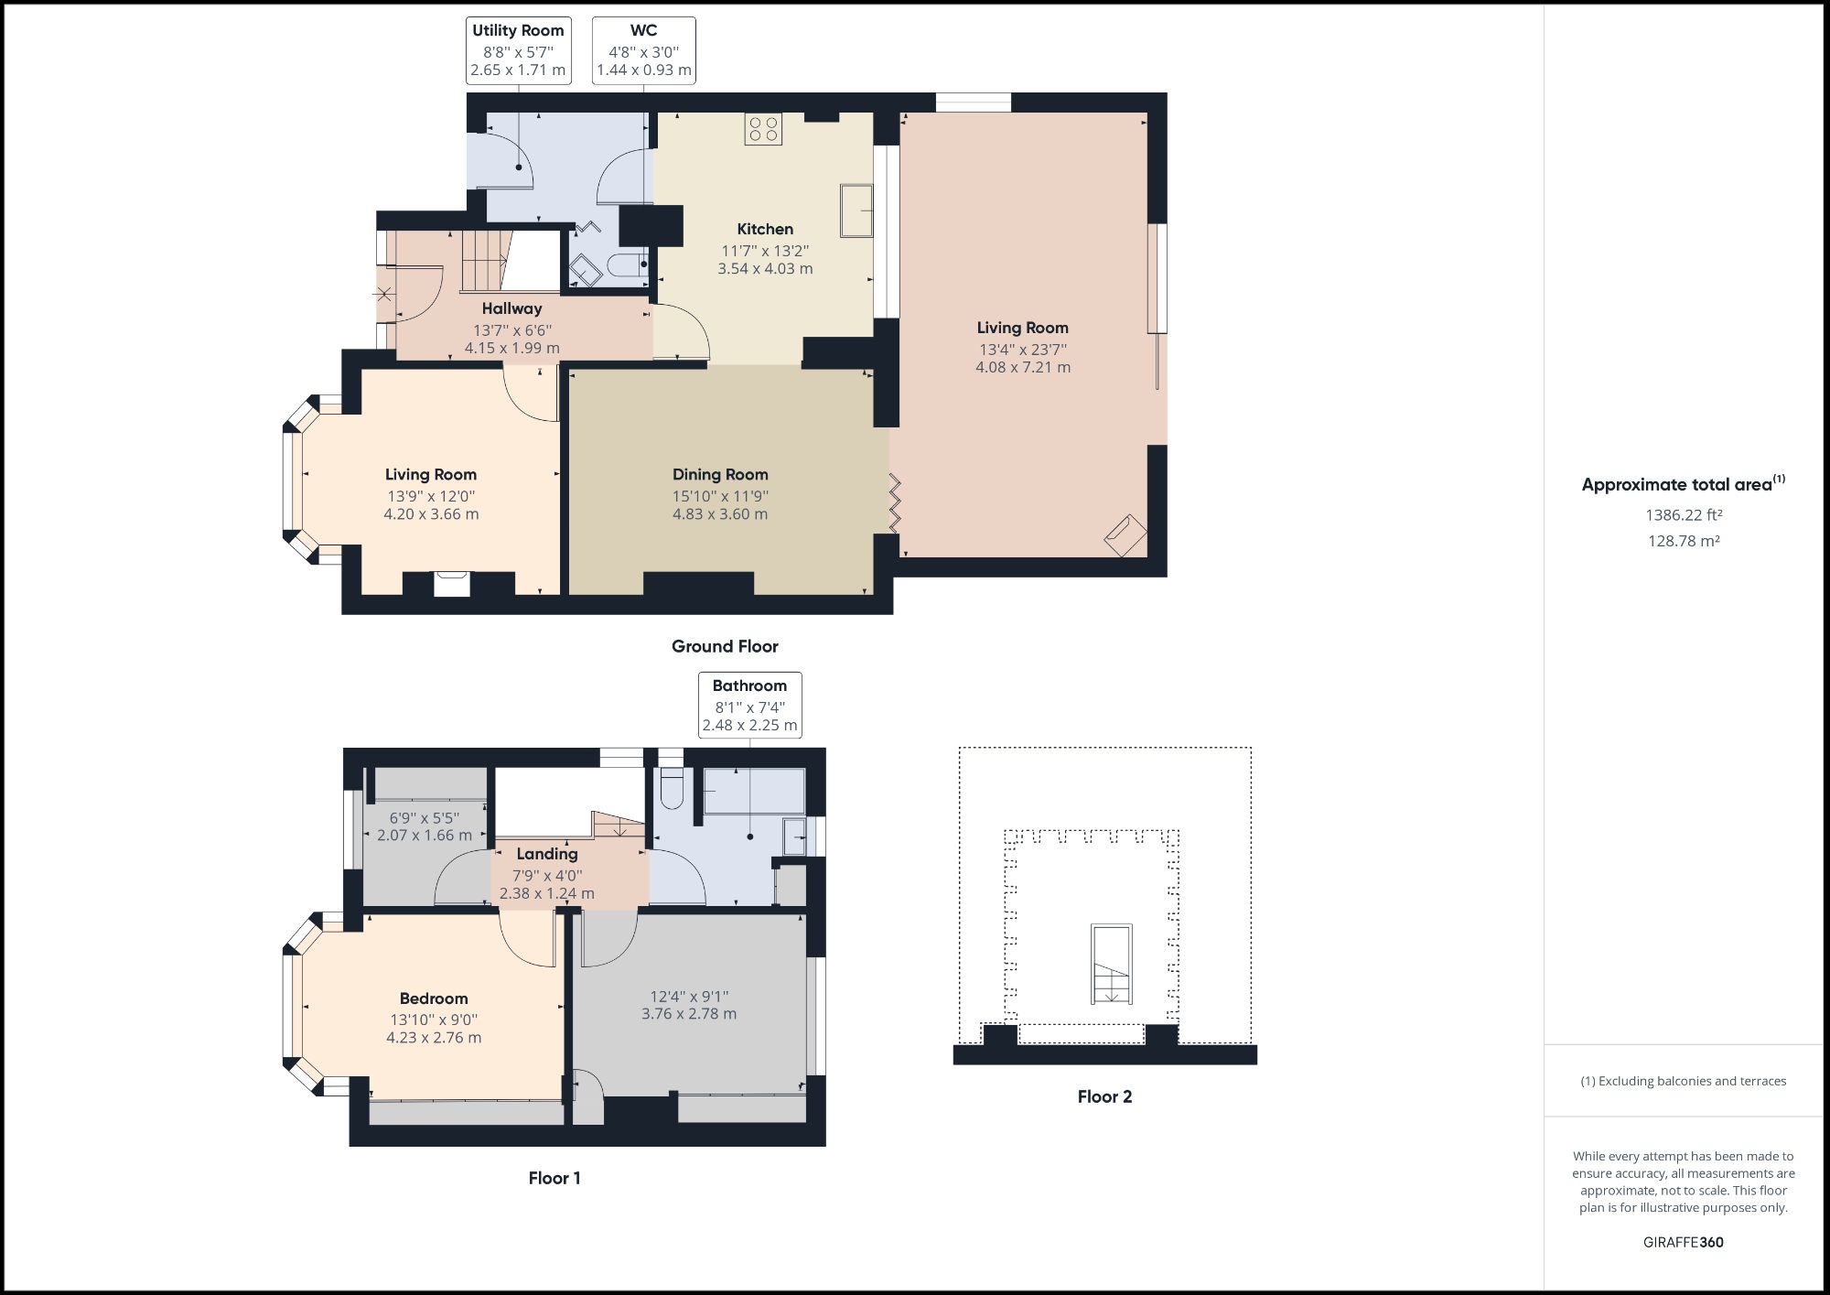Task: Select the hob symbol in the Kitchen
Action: click(x=763, y=129)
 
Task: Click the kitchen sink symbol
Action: click(x=856, y=210)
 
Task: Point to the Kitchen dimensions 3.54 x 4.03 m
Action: click(x=765, y=268)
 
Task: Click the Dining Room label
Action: click(x=720, y=474)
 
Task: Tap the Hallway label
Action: click(x=511, y=308)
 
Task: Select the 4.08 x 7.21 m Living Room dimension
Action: click(x=1022, y=367)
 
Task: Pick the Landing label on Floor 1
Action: click(x=546, y=854)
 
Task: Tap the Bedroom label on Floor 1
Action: click(x=434, y=998)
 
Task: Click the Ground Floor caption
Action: click(x=725, y=646)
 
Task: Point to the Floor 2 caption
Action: click(x=1104, y=1096)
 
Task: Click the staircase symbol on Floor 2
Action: click(x=1111, y=964)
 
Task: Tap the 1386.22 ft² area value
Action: click(x=1683, y=514)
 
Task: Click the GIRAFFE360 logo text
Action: click(x=1683, y=1242)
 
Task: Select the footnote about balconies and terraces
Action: click(x=1683, y=1081)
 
